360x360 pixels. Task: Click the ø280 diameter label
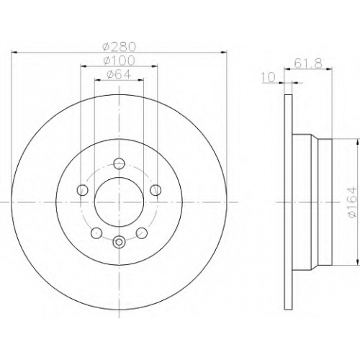tap(119, 46)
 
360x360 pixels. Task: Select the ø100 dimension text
tap(119, 60)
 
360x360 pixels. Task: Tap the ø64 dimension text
tap(119, 74)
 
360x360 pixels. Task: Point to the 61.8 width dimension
tap(308, 63)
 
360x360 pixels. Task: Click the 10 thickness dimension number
tap(268, 77)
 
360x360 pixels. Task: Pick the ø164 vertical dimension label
tap(352, 202)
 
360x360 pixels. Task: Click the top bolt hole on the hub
tap(119, 163)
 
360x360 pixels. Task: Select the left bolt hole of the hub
tap(82, 190)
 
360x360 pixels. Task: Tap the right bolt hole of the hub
tap(156, 190)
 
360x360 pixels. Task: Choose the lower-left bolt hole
tap(96, 233)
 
